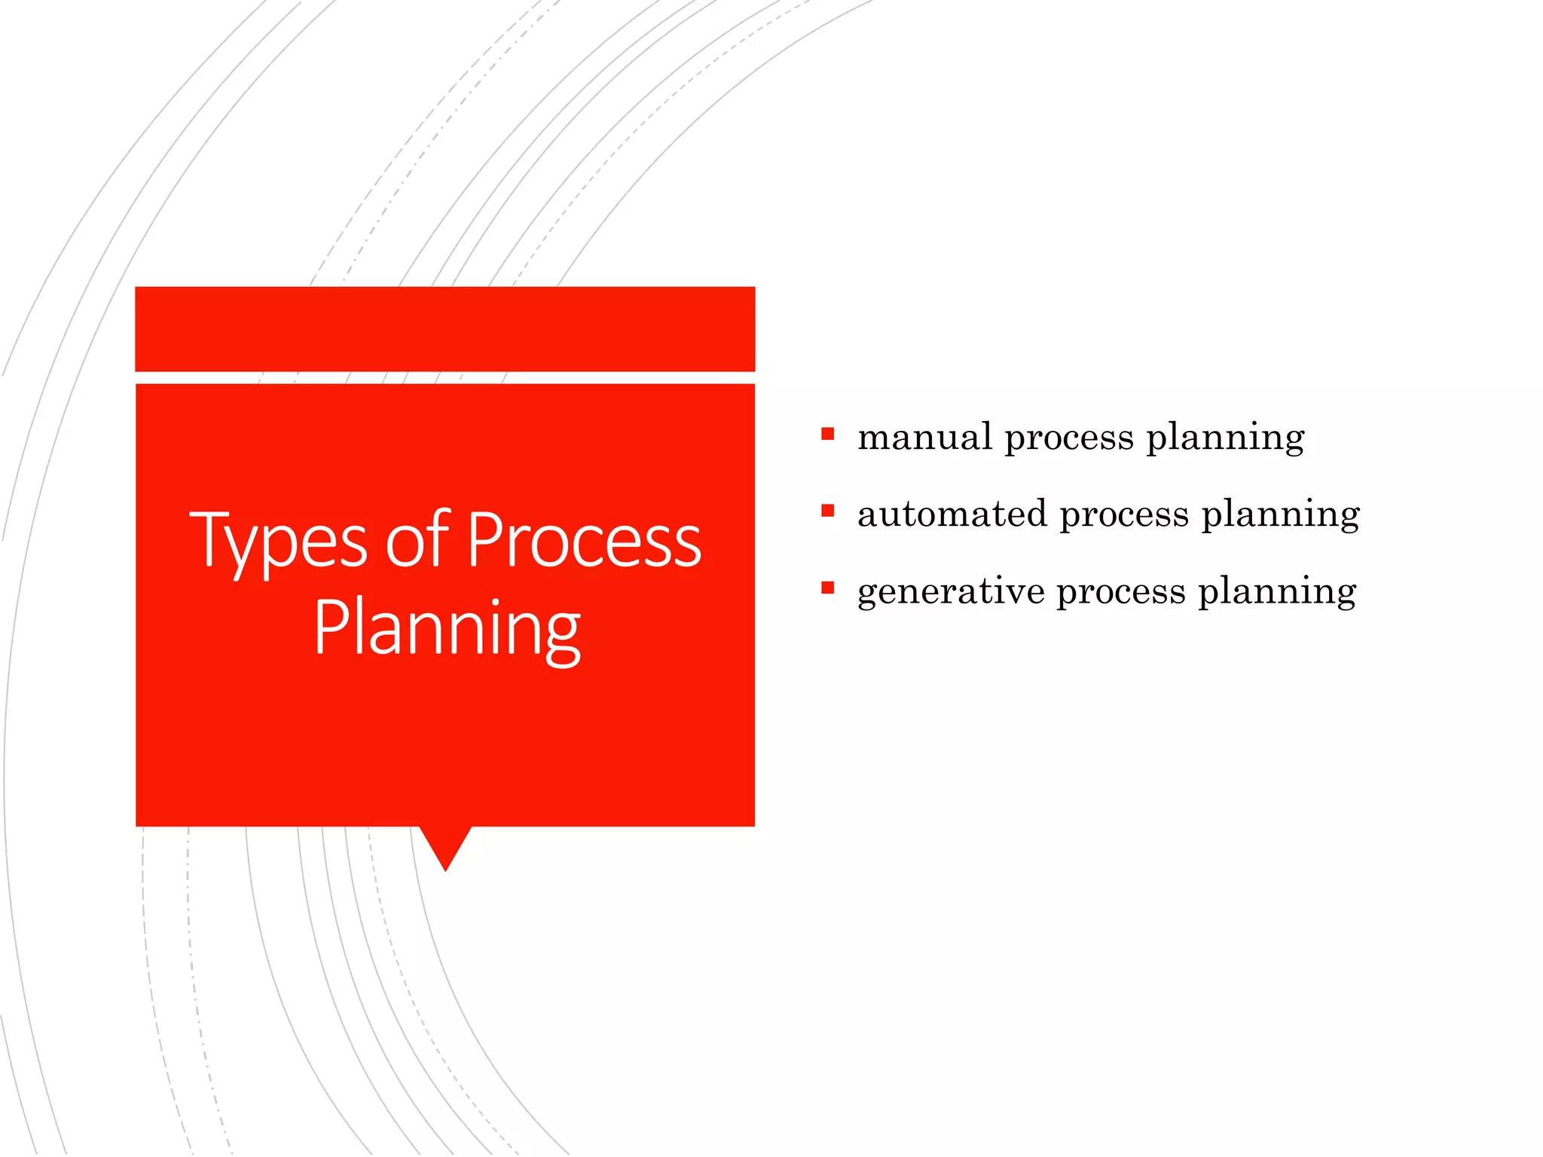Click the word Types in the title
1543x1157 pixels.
coord(278,541)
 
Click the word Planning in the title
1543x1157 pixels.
coord(446,630)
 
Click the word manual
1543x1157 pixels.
coord(924,438)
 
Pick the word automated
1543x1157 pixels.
coord(952,514)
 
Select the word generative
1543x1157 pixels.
coord(950,592)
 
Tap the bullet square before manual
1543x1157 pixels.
coord(828,434)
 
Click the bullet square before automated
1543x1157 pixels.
coord(828,511)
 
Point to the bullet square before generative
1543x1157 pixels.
coord(828,588)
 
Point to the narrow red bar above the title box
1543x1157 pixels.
coord(445,329)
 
